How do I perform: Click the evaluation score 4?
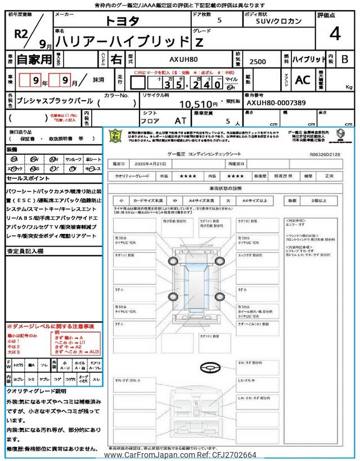(335, 35)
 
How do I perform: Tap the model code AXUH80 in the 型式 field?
(184, 59)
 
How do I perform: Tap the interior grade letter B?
(345, 59)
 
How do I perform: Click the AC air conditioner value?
(302, 80)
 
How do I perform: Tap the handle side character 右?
(115, 59)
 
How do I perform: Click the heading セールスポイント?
(28, 178)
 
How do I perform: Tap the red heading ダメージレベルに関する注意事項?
(50, 326)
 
